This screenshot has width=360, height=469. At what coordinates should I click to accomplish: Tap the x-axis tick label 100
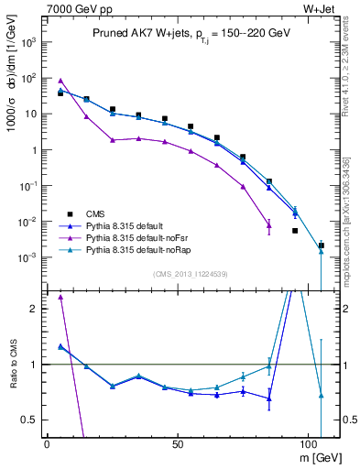click(309, 442)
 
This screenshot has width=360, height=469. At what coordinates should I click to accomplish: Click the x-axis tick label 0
click(47, 442)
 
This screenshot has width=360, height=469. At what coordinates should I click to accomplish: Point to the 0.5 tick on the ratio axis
click(32, 420)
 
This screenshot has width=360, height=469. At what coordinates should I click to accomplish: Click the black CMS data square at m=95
click(295, 231)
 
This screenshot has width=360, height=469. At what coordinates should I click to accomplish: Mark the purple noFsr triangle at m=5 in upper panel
click(60, 81)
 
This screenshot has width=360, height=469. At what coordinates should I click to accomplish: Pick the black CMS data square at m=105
click(321, 245)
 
